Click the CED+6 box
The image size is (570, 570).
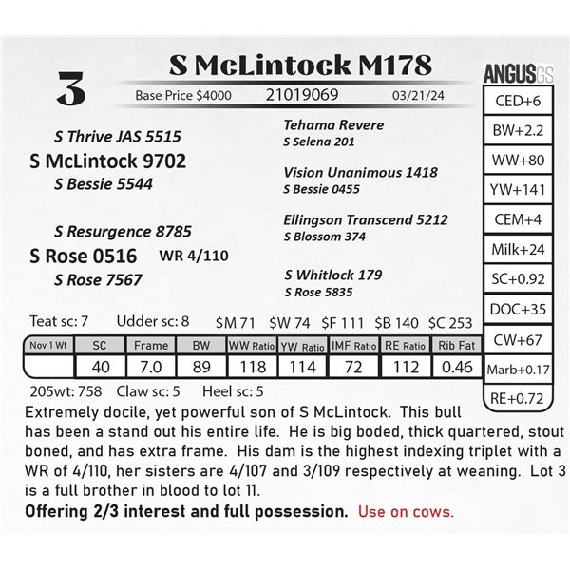coord(519,102)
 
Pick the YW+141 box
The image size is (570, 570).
coord(519,190)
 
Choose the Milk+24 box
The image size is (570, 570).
coord(519,250)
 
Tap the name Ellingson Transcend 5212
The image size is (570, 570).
coord(365,219)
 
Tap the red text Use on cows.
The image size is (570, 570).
coord(406,511)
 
